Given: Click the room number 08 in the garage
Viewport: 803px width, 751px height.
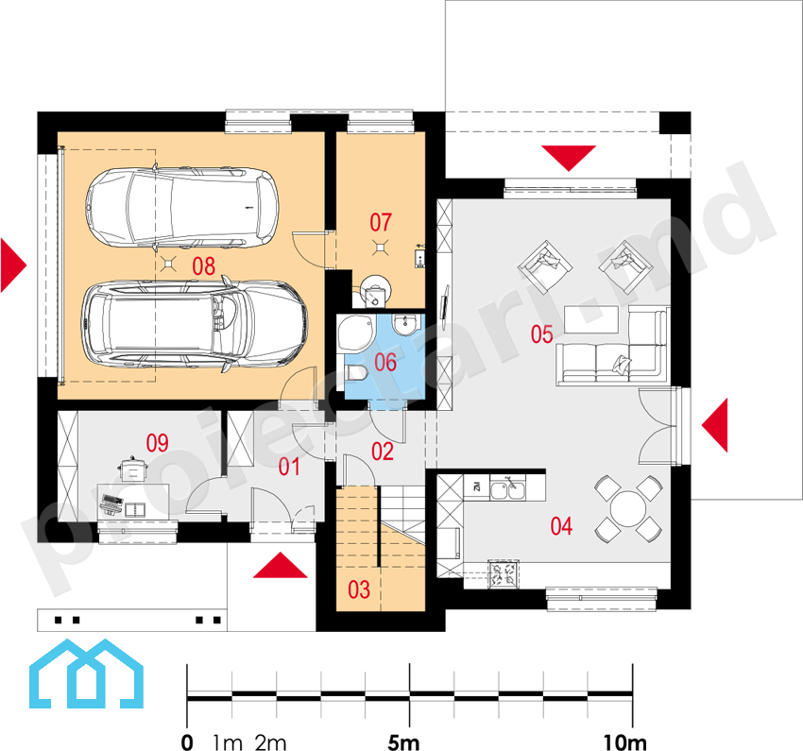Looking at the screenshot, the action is (203, 266).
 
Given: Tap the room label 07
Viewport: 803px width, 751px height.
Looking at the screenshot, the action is (381, 223).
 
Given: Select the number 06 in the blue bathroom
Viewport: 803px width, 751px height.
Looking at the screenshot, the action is (385, 363).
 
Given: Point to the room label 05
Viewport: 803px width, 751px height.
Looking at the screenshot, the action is (542, 334).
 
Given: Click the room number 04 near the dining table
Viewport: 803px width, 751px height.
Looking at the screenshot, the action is (561, 526).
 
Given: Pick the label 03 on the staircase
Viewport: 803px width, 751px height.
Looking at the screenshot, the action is (359, 589).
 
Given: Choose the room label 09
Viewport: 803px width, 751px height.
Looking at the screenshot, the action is (157, 443).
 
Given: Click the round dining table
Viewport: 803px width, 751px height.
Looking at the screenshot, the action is (628, 509).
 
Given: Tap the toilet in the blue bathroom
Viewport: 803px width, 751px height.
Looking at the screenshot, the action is (357, 372).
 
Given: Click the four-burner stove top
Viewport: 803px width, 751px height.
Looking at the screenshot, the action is (504, 573).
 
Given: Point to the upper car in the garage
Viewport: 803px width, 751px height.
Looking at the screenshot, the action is (182, 208).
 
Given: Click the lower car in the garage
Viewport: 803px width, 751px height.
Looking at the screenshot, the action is (195, 324).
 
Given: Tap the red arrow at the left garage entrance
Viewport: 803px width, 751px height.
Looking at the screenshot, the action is (13, 265).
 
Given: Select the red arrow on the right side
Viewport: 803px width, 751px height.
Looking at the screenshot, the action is (714, 425).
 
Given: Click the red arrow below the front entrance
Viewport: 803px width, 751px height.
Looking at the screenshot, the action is (281, 565).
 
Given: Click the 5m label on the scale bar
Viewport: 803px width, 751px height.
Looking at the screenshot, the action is (403, 742).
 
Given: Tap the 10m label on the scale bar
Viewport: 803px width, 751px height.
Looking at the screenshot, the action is (624, 742).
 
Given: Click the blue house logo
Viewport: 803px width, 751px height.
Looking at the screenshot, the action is (86, 674).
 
